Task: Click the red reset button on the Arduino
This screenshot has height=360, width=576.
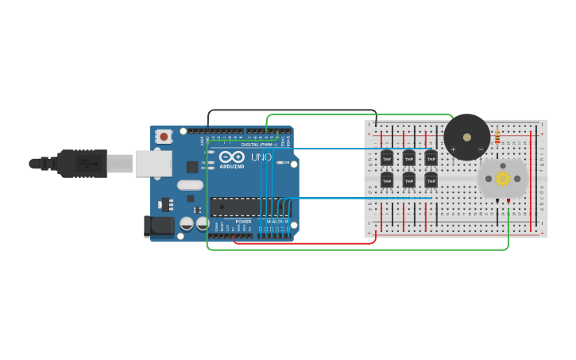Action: (x=164, y=137)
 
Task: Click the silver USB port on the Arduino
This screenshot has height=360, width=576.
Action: (x=153, y=164)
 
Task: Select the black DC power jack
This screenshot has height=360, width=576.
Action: (x=159, y=226)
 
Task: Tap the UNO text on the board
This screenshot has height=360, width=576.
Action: (x=261, y=157)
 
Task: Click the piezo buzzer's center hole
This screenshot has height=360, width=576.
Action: (x=467, y=136)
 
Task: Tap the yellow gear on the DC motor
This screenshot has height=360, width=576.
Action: (x=503, y=179)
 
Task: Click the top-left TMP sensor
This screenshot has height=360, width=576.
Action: (x=387, y=157)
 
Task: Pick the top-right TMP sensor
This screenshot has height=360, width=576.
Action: (x=431, y=157)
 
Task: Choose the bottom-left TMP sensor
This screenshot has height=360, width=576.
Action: (x=387, y=180)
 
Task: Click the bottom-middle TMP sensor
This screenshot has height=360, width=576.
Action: (x=409, y=180)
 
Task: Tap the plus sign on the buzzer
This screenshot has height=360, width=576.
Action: (x=454, y=149)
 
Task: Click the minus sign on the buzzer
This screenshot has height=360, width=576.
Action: (x=480, y=149)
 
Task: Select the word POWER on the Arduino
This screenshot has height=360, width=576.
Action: (x=244, y=222)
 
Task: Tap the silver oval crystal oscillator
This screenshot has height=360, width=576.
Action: (x=191, y=185)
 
